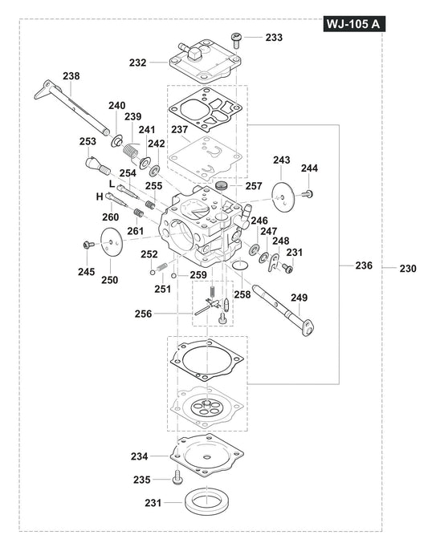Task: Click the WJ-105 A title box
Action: [354, 25]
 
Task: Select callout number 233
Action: [274, 37]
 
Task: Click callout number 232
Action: [137, 61]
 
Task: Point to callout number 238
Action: [71, 76]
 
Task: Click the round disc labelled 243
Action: [281, 194]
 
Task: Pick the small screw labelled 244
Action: [309, 193]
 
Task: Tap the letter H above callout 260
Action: [100, 197]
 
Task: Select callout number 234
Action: [139, 456]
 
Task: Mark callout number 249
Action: [299, 298]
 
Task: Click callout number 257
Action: [253, 185]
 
